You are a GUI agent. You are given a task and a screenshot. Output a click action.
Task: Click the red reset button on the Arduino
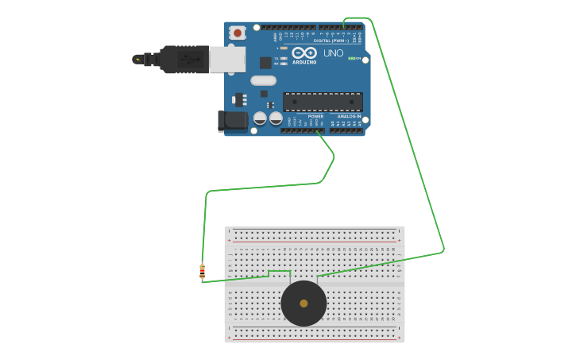pyautogui.click(x=237, y=33)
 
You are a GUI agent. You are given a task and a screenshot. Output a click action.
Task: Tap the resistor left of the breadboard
pyautogui.click(x=202, y=272)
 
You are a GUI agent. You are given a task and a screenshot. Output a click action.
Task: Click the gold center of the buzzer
pyautogui.click(x=303, y=303)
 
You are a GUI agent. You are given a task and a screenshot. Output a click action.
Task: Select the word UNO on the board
pyautogui.click(x=334, y=53)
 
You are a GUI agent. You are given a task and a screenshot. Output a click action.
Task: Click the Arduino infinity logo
pyautogui.click(x=304, y=53)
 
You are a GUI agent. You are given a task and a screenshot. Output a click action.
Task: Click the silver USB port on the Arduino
pyautogui.click(x=227, y=59)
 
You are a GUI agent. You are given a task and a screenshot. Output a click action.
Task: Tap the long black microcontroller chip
pyautogui.click(x=323, y=101)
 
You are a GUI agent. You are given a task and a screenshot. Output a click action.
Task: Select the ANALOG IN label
pyautogui.click(x=349, y=116)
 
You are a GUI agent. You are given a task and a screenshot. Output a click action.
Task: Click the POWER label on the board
pyautogui.click(x=315, y=116)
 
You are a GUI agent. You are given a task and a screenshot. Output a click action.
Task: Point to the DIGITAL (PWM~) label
pyautogui.click(x=339, y=41)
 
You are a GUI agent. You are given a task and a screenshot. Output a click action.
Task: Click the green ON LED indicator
pyautogui.click(x=351, y=58)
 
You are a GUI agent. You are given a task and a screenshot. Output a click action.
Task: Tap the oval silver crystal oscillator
pyautogui.click(x=263, y=80)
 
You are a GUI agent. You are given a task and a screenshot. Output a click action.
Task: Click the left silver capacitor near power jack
pyautogui.click(x=260, y=118)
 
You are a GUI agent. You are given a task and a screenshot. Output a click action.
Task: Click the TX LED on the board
pyautogui.click(x=284, y=58)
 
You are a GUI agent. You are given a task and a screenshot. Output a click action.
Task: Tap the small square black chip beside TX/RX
pyautogui.click(x=265, y=62)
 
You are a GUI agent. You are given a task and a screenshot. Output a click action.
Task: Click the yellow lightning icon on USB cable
pyautogui.click(x=137, y=59)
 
